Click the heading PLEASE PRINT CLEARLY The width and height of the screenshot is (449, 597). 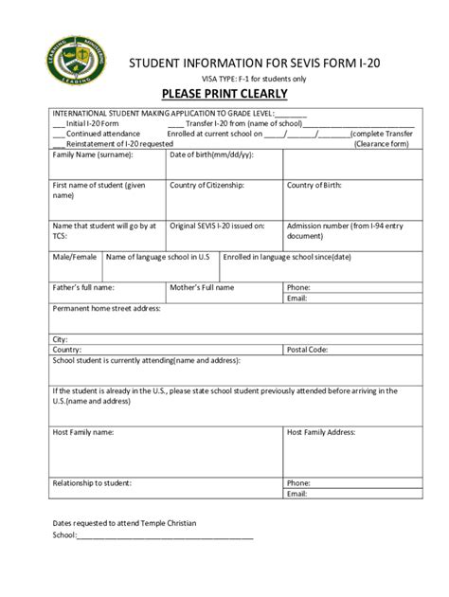pyautogui.click(x=224, y=94)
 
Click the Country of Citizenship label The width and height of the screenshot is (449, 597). pyautogui.click(x=207, y=185)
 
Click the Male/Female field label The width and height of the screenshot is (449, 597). pyautogui.click(x=74, y=257)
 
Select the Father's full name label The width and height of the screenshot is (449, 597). pyautogui.click(x=82, y=286)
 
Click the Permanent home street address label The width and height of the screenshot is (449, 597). pyautogui.click(x=106, y=308)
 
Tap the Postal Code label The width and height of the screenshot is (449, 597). pyautogui.click(x=308, y=349)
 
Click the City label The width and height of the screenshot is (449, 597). pyautogui.click(x=60, y=338)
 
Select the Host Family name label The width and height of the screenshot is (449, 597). pyautogui.click(x=82, y=431)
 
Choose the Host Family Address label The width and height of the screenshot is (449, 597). pyautogui.click(x=321, y=431)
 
